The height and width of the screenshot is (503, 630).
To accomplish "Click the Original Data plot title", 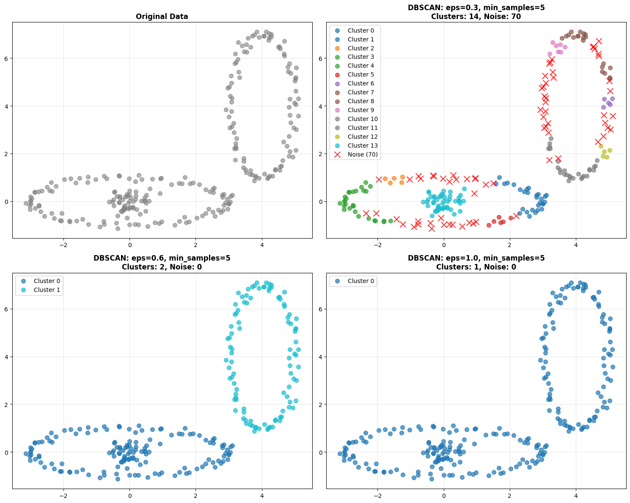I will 162,16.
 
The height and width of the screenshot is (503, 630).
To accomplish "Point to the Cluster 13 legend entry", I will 362,146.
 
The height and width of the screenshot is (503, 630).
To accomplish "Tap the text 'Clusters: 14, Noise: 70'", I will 476,16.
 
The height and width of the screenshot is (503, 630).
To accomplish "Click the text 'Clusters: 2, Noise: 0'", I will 162,267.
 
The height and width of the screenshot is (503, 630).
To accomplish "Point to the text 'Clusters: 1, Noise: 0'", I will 476,267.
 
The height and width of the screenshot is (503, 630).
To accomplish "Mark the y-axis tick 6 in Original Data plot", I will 7,58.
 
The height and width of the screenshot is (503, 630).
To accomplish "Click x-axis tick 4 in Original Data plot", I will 262,245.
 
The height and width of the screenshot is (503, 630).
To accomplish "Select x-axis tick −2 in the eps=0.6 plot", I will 63,495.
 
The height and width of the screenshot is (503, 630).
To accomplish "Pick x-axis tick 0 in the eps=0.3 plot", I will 444,245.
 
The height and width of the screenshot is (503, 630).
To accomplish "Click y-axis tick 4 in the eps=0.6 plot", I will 7,357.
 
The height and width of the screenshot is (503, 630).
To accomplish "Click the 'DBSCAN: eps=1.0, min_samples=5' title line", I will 476,258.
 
